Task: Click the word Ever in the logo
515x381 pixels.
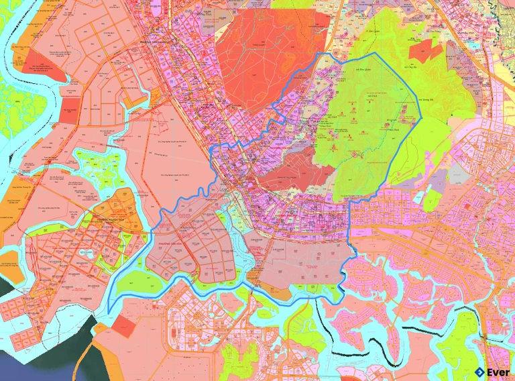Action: coord(498,372)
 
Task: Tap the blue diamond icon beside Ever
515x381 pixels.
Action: coord(479,372)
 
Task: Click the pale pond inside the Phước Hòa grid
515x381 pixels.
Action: coord(85,253)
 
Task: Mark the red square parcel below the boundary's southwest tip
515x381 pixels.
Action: coord(123,326)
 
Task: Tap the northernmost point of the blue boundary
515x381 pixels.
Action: coord(325,53)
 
